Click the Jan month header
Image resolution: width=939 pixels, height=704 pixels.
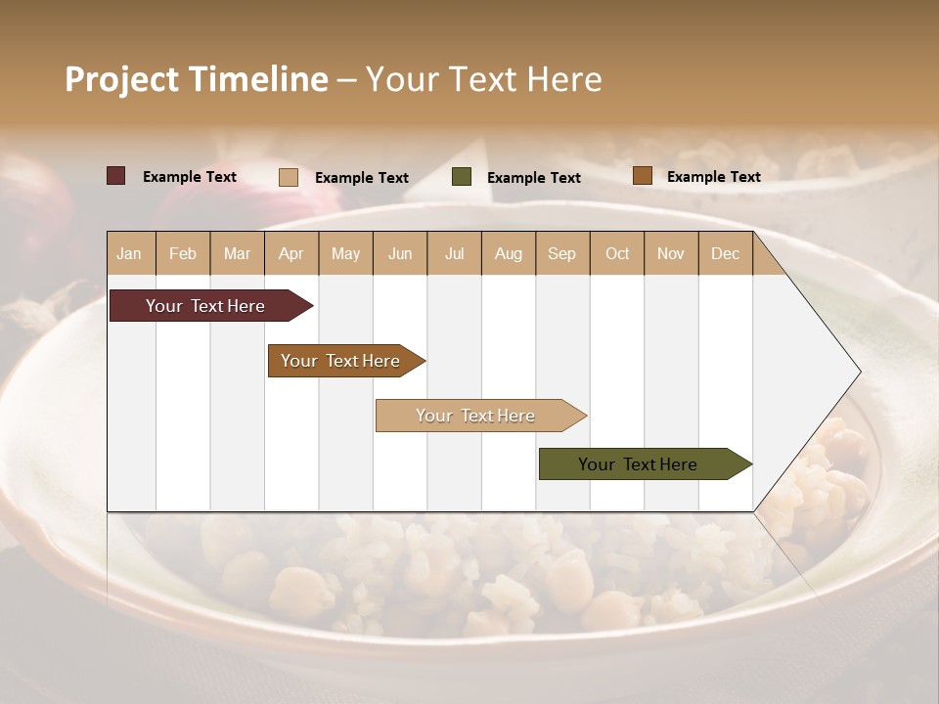(x=129, y=253)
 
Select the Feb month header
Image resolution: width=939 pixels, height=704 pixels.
(x=183, y=253)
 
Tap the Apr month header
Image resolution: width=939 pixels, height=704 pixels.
(x=291, y=253)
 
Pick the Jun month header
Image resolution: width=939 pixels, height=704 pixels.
(x=400, y=253)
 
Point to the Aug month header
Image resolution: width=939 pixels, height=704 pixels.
(x=508, y=253)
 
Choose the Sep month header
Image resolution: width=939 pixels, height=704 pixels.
(x=561, y=253)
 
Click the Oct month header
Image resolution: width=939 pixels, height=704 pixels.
(x=617, y=253)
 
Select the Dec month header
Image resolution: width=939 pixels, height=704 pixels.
(x=725, y=253)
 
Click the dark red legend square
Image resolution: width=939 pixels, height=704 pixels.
(x=116, y=176)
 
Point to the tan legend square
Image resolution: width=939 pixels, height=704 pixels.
(x=289, y=177)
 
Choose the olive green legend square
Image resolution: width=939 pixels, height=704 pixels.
(x=462, y=177)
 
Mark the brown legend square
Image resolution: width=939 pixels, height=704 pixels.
(x=642, y=176)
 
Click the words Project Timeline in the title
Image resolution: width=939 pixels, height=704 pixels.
(x=196, y=79)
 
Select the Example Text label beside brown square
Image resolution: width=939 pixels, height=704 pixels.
(x=713, y=177)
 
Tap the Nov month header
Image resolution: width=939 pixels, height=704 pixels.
(x=670, y=253)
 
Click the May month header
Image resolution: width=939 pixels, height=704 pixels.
(x=345, y=253)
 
